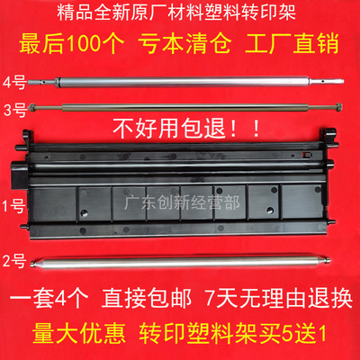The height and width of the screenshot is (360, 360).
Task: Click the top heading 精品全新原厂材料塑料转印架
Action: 180,13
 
